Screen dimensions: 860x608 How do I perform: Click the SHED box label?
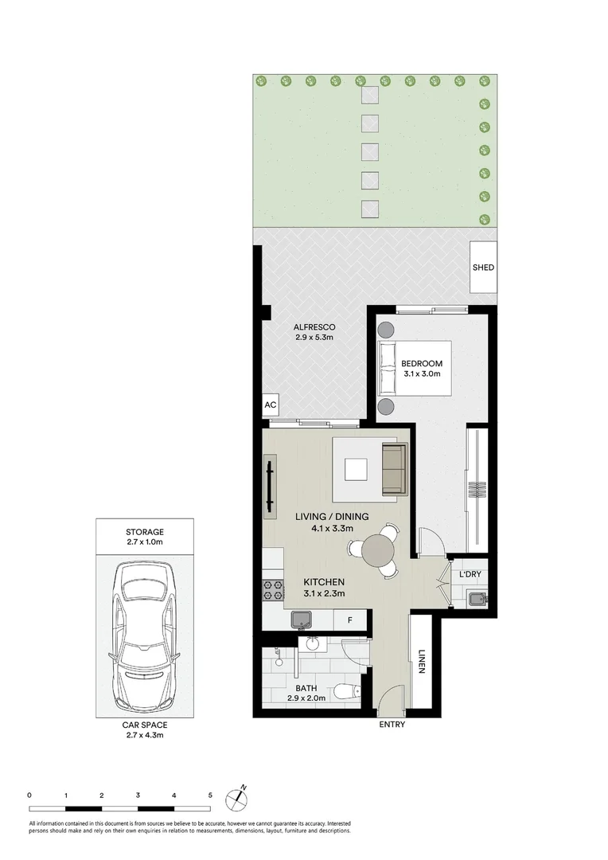coord(483,268)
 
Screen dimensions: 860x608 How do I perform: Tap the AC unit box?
coord(270,405)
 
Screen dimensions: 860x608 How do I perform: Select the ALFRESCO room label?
coord(314,327)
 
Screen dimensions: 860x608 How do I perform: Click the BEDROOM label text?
coord(421,364)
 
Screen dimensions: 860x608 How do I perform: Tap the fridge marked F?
coord(349,619)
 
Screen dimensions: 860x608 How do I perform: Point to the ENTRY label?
coord(392,725)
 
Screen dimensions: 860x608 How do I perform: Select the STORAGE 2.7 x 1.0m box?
coord(145,537)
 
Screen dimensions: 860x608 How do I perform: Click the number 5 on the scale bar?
coord(210,795)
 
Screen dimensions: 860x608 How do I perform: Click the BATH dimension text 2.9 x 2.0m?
coord(306,699)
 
